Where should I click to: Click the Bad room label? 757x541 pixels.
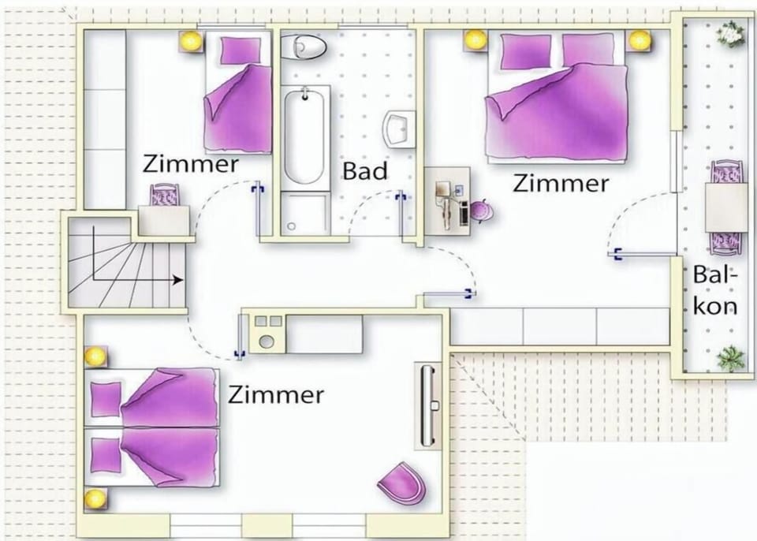pos(365,171)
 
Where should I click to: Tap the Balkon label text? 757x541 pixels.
pos(715,290)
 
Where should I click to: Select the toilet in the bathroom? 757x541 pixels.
pos(303,47)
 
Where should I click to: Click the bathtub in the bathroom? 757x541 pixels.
pos(304,136)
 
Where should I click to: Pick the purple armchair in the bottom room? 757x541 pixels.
pos(402,483)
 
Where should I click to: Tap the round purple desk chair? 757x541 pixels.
pos(481,211)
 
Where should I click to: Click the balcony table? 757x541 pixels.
pos(725,207)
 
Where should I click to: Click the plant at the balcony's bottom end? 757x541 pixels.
pos(730,358)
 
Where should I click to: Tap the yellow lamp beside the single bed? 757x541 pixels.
pos(190,40)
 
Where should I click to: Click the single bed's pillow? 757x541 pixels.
pos(241,50)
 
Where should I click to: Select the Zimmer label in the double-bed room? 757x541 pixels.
pos(560,184)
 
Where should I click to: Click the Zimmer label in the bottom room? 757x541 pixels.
pos(276,394)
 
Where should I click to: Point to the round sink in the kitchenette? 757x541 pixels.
pos(266,341)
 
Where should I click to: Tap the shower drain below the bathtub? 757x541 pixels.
pos(291,226)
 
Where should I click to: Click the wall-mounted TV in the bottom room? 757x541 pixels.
pos(427,405)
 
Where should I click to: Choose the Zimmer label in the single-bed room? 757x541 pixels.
pos(190,164)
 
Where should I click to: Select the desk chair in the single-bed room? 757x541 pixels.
pos(164,195)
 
